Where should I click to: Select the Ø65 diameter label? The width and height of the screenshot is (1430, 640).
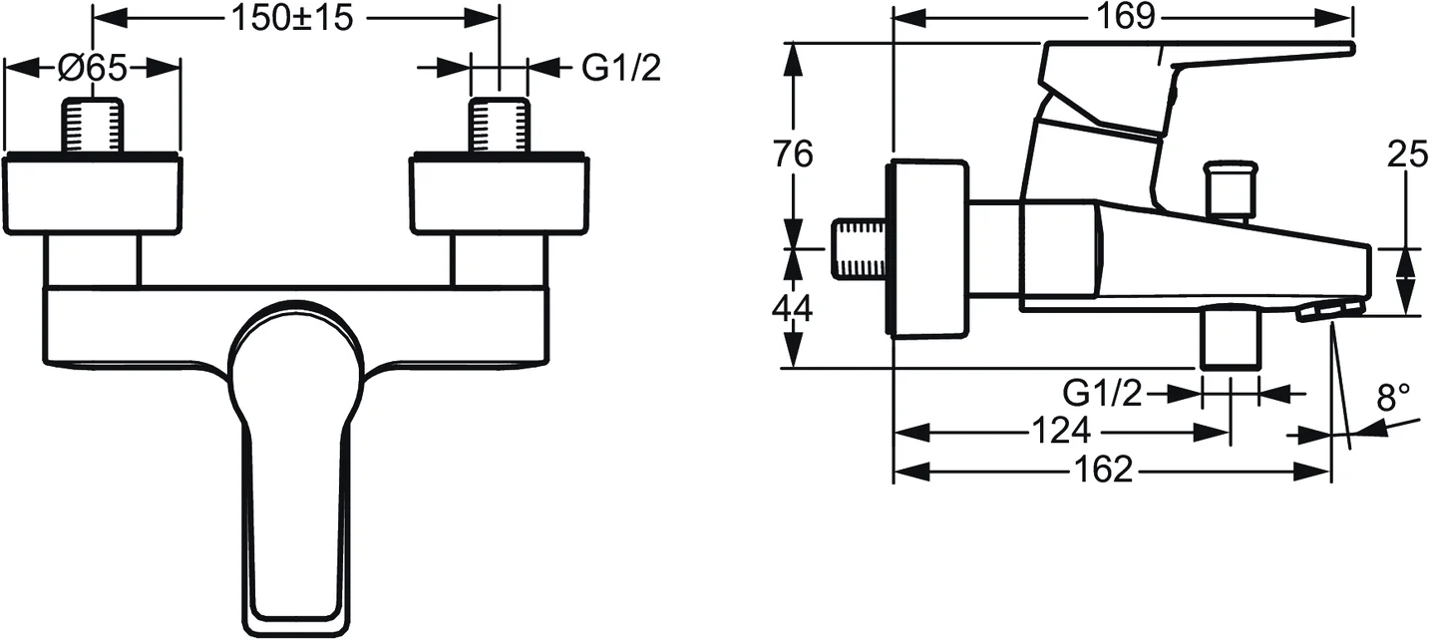click(x=92, y=69)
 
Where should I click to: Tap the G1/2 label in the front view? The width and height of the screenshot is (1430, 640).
click(x=620, y=69)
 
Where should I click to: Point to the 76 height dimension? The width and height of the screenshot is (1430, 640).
click(x=793, y=155)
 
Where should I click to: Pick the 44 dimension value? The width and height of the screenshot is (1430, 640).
click(x=793, y=308)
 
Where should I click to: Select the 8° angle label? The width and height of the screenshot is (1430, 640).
click(x=1394, y=399)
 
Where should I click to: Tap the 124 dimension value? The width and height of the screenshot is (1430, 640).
click(x=1061, y=433)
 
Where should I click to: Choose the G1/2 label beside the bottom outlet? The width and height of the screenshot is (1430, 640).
click(x=1102, y=395)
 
